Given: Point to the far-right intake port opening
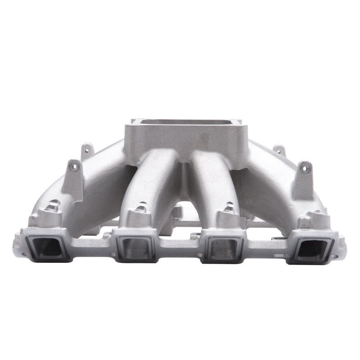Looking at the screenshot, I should point(311,247).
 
